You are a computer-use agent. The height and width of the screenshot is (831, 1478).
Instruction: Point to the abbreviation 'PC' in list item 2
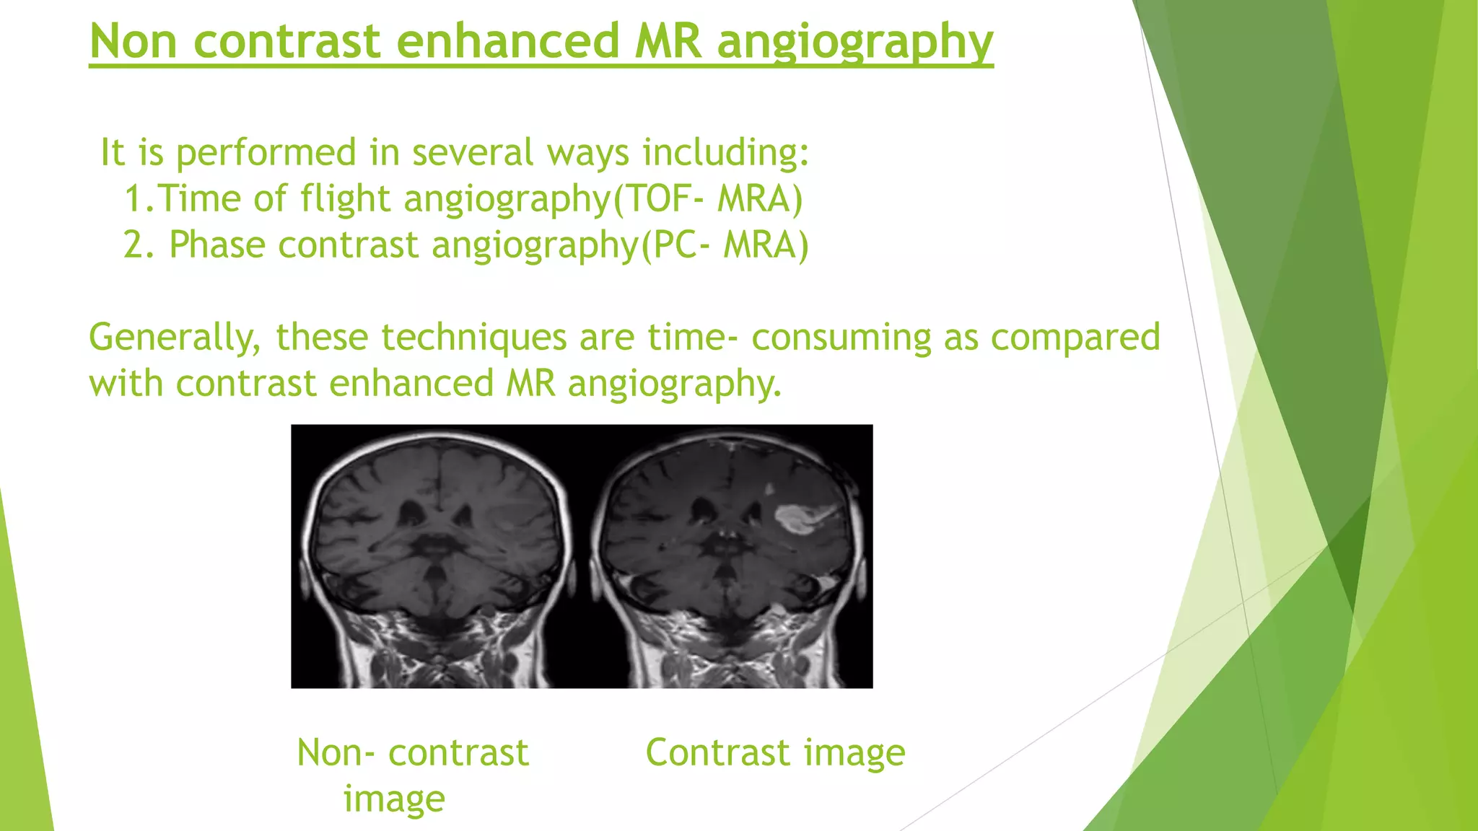[x=670, y=245]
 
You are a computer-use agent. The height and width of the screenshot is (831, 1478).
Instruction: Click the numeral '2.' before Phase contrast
[x=139, y=245]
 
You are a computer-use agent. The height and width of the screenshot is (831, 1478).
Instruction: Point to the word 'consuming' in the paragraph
[x=841, y=338]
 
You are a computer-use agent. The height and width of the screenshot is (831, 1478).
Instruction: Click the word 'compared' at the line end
[x=1075, y=338]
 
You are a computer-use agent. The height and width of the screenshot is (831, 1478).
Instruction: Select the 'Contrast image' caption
[x=775, y=752]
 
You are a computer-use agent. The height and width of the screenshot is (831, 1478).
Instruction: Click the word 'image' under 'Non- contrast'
[x=394, y=799]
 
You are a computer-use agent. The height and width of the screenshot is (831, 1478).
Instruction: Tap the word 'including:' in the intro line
[x=726, y=152]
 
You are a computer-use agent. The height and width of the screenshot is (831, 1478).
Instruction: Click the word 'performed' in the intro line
[x=266, y=152]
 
